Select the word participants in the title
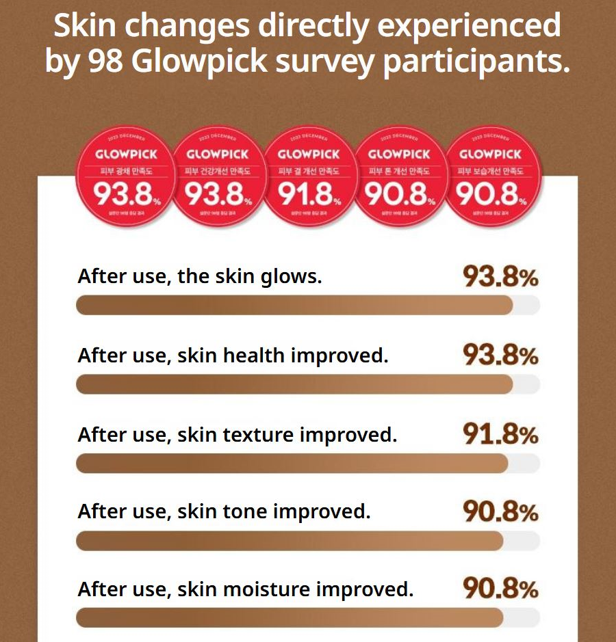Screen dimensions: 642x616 476,62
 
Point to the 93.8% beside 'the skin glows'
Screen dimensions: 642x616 500,278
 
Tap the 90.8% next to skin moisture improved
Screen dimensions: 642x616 500,589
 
